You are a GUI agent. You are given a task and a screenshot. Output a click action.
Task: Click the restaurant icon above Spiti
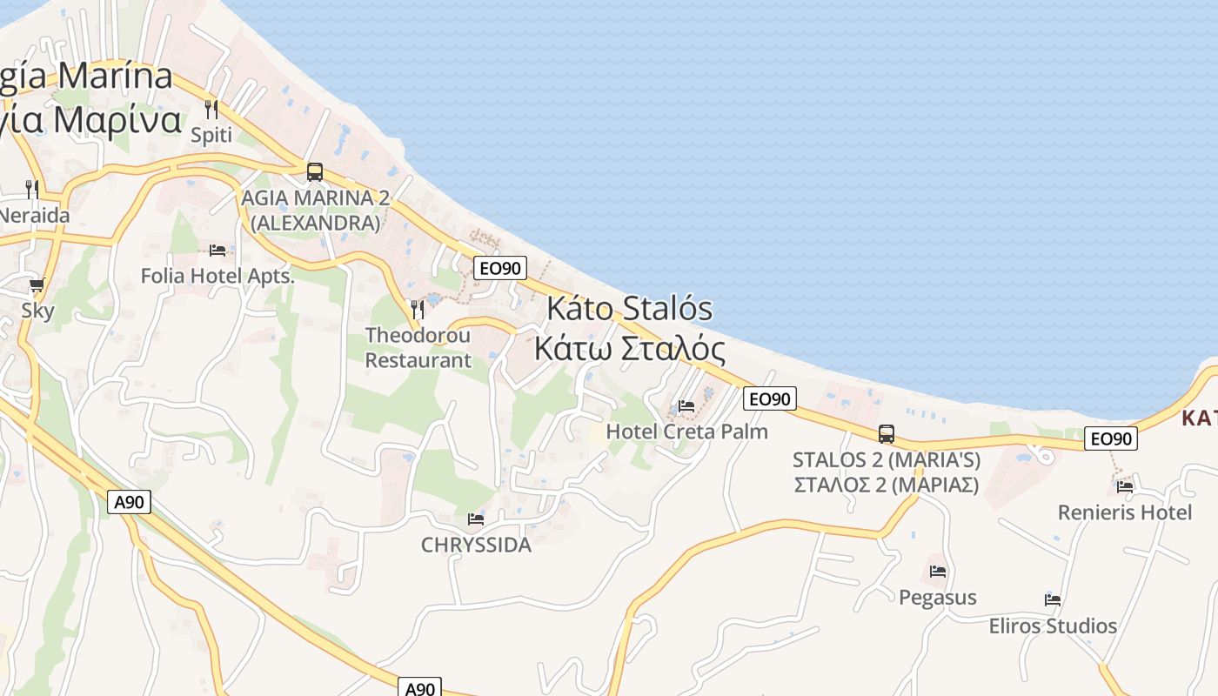[211, 110]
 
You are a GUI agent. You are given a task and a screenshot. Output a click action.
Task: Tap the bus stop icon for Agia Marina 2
[315, 172]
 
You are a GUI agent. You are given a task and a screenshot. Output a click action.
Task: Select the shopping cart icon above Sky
[37, 285]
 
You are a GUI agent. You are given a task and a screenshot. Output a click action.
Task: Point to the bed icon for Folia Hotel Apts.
[217, 251]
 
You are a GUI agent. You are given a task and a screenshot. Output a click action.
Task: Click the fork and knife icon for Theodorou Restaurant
[418, 309]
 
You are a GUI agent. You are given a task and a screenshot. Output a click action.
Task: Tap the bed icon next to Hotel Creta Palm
[686, 405]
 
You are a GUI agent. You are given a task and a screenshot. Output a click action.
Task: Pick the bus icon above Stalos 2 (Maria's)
[887, 433]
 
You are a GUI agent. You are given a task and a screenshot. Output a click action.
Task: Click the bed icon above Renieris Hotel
[1125, 487]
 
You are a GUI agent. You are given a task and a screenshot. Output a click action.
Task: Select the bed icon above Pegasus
[938, 572]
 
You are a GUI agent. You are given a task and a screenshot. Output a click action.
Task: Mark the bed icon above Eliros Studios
[1053, 599]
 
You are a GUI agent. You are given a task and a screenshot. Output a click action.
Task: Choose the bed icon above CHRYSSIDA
[476, 519]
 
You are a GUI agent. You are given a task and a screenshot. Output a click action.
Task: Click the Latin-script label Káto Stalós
[630, 309]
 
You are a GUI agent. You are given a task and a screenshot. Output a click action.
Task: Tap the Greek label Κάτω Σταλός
[630, 349]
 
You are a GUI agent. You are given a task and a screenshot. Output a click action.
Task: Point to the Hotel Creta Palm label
[686, 431]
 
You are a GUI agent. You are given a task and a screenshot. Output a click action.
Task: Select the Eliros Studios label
[1053, 626]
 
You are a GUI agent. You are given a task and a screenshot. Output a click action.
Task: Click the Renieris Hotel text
[1125, 512]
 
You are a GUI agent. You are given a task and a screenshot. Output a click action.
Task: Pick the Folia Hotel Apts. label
[217, 277]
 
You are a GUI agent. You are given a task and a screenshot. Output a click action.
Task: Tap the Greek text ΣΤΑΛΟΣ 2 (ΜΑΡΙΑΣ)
[887, 485]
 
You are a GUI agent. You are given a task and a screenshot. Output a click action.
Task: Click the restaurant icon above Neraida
[32, 189]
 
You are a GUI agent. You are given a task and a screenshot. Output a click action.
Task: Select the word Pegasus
[938, 598]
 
